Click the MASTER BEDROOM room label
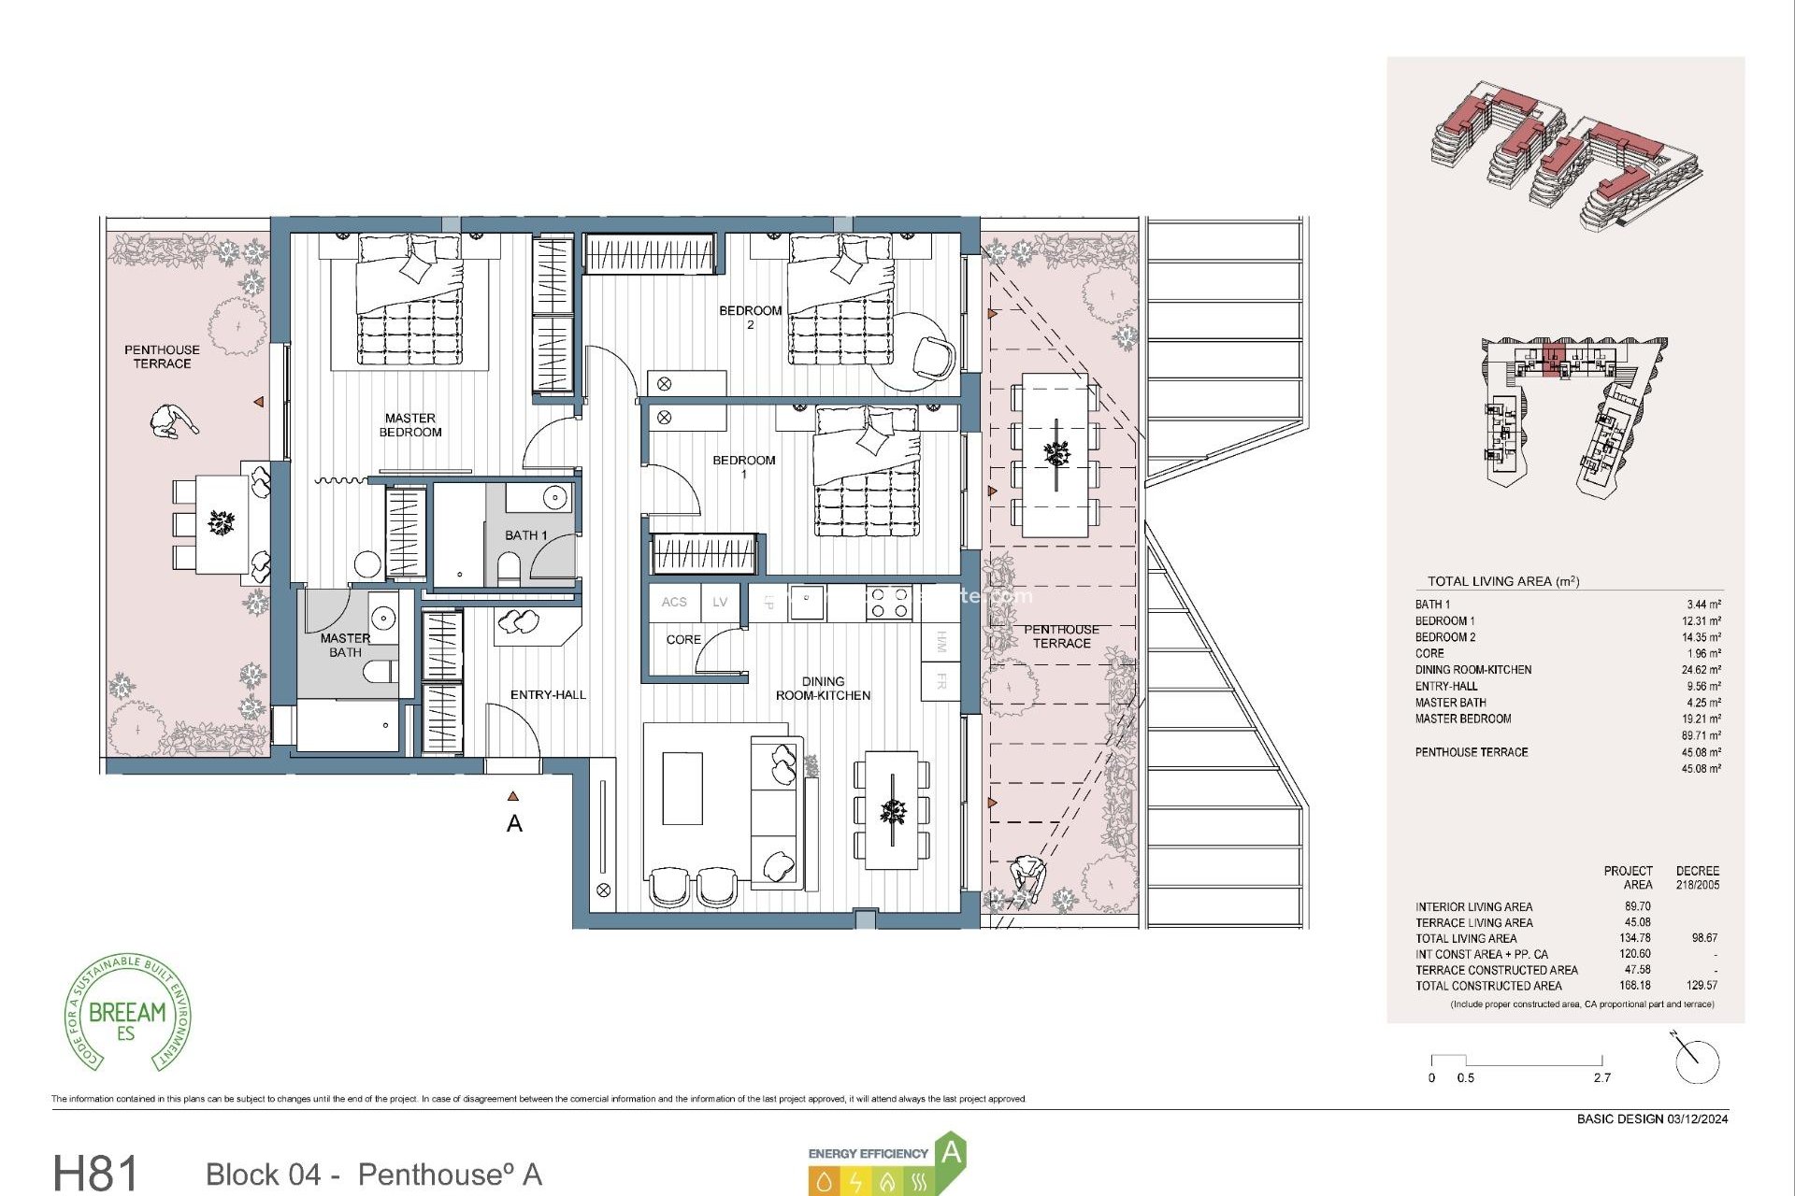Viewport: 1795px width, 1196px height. click(x=409, y=425)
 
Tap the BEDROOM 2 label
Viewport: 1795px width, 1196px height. click(x=750, y=317)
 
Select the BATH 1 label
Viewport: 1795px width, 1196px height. click(x=525, y=535)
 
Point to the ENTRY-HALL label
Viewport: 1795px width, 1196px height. click(x=548, y=695)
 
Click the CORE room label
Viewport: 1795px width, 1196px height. click(x=683, y=640)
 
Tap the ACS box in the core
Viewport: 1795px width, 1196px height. click(x=674, y=603)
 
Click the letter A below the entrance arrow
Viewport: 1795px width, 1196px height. click(x=514, y=824)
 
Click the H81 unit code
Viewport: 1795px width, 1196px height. click(x=95, y=1174)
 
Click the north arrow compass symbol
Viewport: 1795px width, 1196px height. click(x=1695, y=1061)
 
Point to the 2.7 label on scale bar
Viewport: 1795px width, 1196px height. click(x=1602, y=1078)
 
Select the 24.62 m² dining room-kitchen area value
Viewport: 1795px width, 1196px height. click(x=1701, y=670)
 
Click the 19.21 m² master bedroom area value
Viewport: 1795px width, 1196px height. click(x=1701, y=719)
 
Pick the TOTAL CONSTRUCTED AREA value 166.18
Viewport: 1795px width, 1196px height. click(x=1635, y=986)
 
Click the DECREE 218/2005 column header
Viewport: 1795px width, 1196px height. click(x=1697, y=877)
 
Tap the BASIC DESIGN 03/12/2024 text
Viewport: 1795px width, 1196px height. click(x=1652, y=1119)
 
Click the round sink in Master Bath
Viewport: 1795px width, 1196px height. click(x=383, y=618)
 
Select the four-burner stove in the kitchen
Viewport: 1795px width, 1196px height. click(x=888, y=602)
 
